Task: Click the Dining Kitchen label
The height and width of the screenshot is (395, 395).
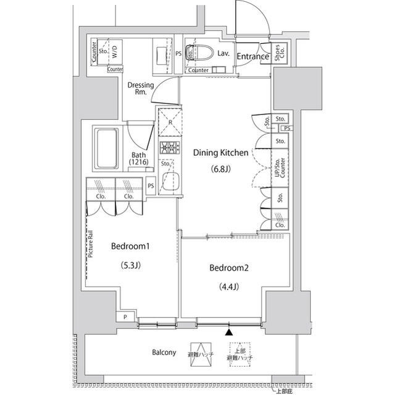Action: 220,152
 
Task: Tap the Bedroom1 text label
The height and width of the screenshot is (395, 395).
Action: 131,246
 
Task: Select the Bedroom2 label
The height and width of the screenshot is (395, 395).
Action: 230,268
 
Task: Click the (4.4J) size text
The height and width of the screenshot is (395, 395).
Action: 228,286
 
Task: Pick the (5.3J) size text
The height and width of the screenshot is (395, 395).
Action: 130,266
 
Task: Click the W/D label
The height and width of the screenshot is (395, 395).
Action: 115,52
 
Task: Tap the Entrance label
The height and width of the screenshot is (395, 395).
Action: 253,57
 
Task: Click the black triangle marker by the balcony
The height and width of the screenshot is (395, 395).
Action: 230,333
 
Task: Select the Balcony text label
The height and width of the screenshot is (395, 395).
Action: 164,352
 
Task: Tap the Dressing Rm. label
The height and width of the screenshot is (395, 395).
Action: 140,88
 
